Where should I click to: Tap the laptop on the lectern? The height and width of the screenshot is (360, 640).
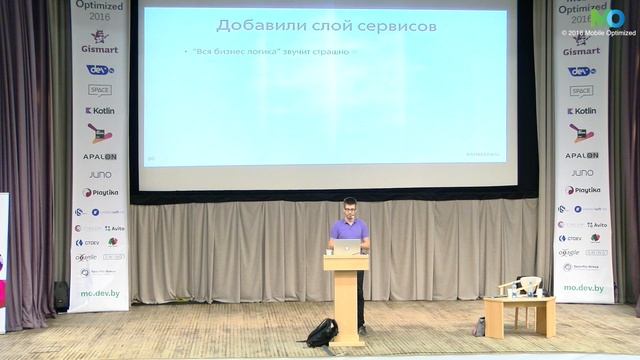pos(346,246)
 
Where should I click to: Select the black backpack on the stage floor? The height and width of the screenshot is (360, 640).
pos(322,332)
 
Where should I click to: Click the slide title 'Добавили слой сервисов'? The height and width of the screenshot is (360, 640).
pos(326,25)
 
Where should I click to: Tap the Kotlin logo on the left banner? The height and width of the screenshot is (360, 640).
pos(101,111)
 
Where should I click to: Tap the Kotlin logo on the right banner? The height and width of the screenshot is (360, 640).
pos(582,111)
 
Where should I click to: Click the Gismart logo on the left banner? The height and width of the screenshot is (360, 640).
pos(100,47)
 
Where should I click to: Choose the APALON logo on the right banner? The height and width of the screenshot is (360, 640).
pos(582,156)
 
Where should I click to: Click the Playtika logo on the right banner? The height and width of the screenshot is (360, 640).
pos(583,190)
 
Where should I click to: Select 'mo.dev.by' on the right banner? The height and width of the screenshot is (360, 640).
pos(583,288)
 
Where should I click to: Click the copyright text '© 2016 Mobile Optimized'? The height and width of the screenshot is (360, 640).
pos(599,33)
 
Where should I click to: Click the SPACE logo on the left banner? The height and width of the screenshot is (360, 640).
pos(100,89)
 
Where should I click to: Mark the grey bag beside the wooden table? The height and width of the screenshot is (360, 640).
pos(480,326)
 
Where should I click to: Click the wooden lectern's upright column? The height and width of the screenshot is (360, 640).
pos(346,305)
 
